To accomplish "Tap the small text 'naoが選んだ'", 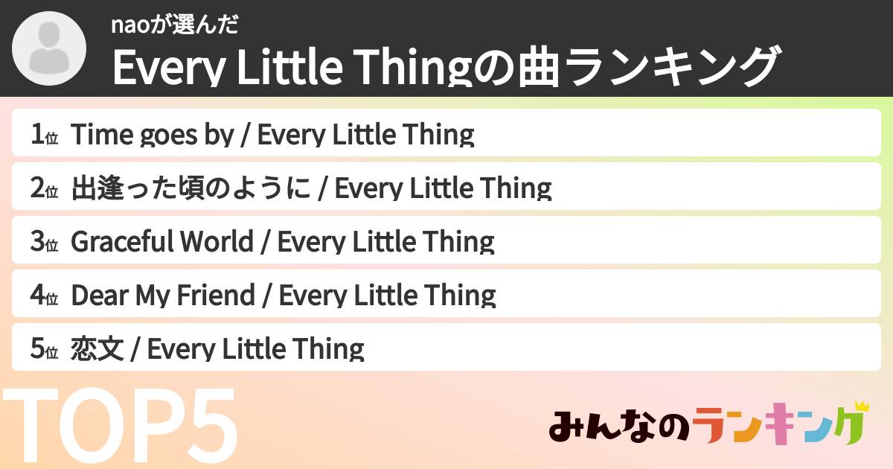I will (x=174, y=25).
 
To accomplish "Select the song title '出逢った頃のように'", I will (x=191, y=188).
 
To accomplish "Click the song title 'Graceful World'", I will (x=161, y=242).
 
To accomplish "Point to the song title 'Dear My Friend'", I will (x=162, y=296).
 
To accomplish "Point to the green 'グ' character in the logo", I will (x=848, y=428).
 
